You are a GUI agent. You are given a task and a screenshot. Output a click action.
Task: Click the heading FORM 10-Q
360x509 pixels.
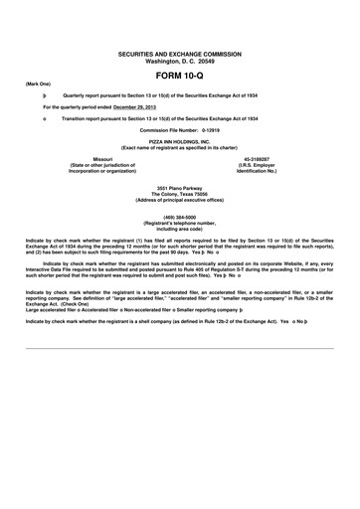click(180, 76)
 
